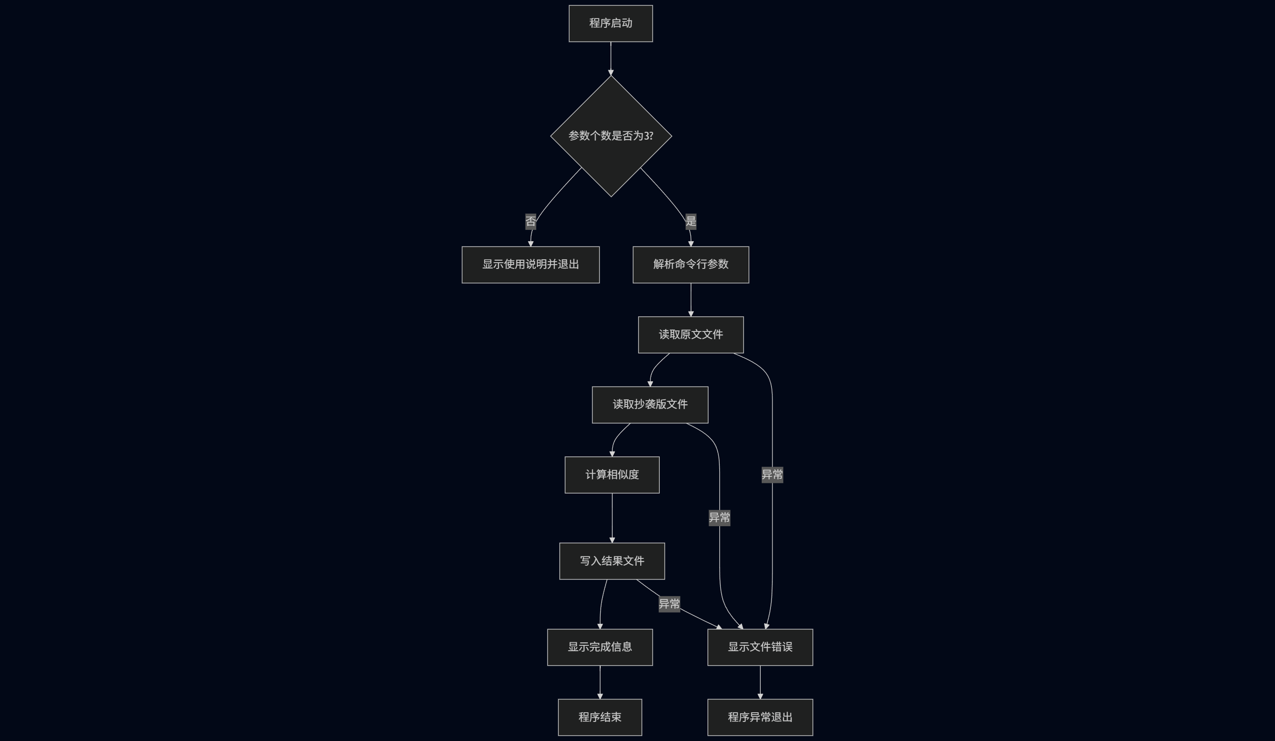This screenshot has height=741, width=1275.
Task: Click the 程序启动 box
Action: pos(611,23)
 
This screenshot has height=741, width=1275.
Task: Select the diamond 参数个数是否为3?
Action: pos(611,136)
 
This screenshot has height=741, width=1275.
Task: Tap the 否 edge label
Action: pos(531,221)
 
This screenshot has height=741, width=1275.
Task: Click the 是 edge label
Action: pos(690,221)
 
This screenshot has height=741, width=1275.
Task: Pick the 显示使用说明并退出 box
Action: pos(530,265)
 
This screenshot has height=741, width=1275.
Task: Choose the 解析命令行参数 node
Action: pos(690,265)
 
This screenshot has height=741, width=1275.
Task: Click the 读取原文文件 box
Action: pos(690,334)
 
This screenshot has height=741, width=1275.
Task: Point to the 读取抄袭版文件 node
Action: pos(649,404)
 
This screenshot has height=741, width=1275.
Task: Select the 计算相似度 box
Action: pos(612,475)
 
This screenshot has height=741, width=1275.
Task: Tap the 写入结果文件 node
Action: pos(612,561)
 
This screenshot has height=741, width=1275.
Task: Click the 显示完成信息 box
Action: pos(600,647)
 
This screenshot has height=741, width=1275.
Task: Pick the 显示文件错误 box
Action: pos(760,647)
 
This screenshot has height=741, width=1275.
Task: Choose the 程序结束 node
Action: pos(600,717)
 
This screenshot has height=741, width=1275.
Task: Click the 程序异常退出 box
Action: pos(760,717)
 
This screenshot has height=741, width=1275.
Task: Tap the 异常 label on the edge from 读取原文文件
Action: pos(772,475)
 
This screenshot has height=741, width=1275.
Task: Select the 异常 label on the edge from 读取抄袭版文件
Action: pos(719,518)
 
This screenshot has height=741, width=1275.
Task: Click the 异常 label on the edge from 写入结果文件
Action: pos(669,604)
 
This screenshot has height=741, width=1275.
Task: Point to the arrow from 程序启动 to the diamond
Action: pos(611,58)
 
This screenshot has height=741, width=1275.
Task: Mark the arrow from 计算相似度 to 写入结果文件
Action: pos(612,518)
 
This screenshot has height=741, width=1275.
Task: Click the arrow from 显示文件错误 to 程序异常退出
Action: pos(760,682)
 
